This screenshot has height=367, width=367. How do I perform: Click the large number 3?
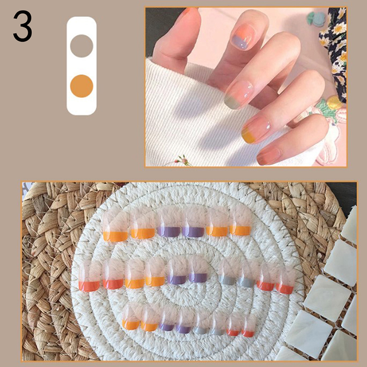[22, 26]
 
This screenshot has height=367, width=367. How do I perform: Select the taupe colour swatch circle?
[82, 46]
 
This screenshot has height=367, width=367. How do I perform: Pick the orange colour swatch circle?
[82, 86]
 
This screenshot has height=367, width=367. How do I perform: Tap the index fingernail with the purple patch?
[244, 37]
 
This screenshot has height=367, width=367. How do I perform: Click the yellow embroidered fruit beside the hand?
[334, 102]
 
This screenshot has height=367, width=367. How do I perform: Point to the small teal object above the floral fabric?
[316, 19]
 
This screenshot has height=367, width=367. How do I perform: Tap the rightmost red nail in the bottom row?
[248, 326]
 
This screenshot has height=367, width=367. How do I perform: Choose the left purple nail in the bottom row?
[167, 319]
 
